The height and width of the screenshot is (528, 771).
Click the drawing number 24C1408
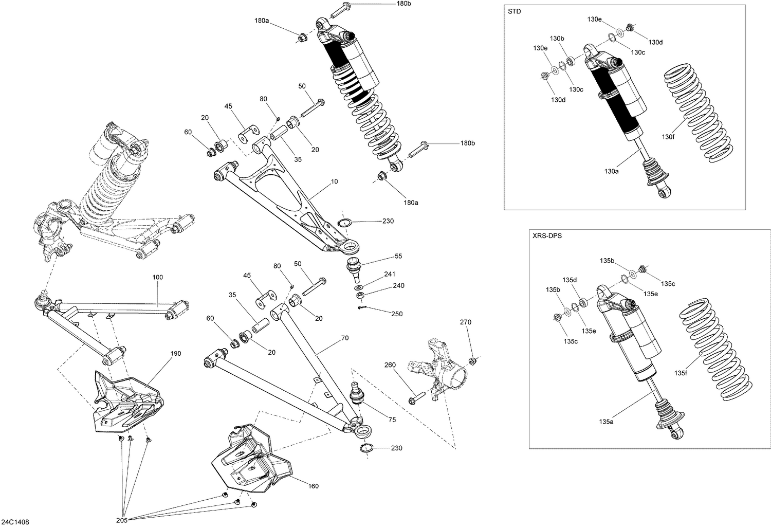(15, 522)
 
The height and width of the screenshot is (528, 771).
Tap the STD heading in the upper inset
(514, 11)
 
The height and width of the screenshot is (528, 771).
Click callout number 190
(176, 354)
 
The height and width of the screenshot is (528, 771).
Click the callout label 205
(121, 520)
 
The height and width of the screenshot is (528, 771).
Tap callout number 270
(466, 322)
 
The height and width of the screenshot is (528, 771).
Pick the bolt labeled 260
(416, 399)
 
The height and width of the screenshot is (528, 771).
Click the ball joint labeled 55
(354, 268)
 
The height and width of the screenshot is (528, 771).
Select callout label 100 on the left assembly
(157, 277)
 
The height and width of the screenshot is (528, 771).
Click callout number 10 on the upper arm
(335, 181)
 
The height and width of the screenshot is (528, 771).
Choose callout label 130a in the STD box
(611, 171)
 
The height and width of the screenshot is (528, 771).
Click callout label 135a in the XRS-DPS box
(607, 422)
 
